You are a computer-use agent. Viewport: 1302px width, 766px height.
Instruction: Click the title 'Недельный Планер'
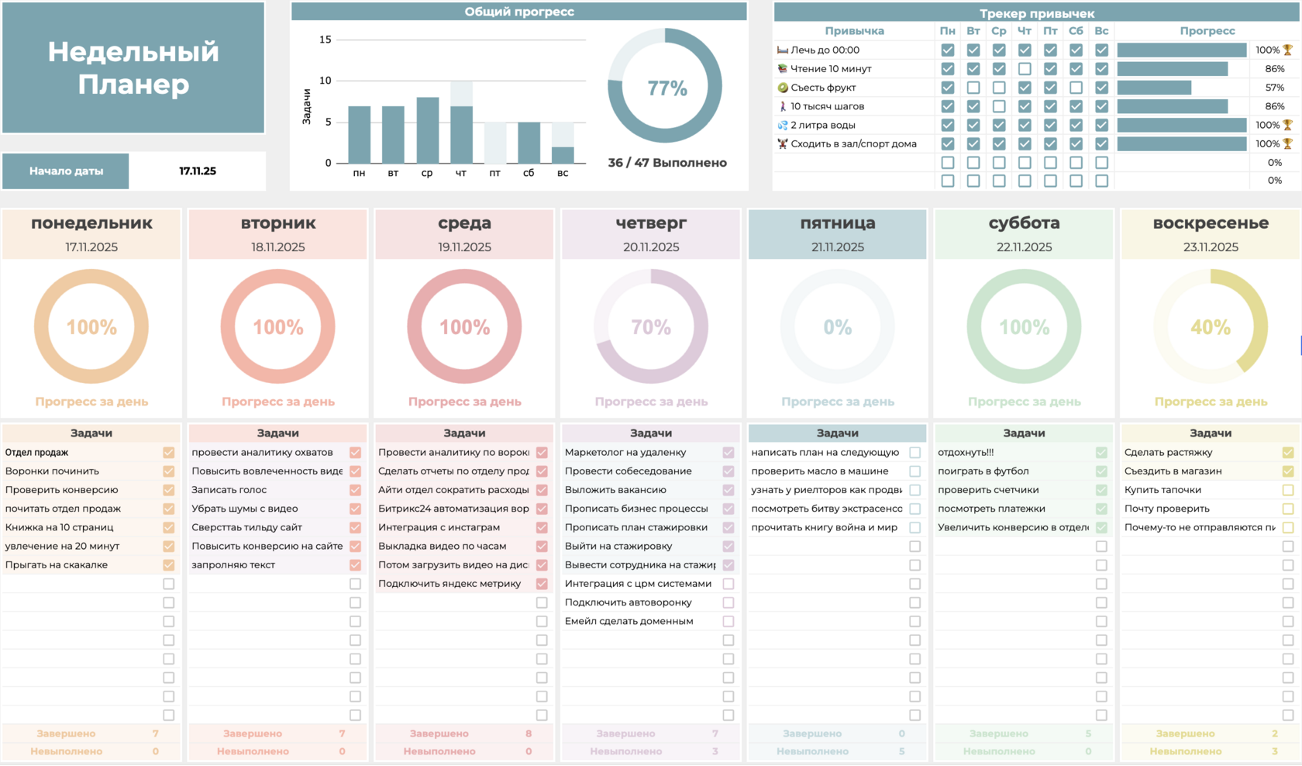tap(133, 68)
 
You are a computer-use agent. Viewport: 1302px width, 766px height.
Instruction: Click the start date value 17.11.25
tap(198, 171)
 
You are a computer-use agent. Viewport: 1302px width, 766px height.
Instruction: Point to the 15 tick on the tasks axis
tap(325, 40)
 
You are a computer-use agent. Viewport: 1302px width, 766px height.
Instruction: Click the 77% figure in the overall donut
tap(666, 88)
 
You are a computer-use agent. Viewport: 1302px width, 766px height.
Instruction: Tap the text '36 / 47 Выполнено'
tap(667, 163)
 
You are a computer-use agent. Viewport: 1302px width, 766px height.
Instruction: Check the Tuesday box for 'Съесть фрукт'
tap(973, 88)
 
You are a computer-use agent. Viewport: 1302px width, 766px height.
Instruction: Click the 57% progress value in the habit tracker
tap(1274, 88)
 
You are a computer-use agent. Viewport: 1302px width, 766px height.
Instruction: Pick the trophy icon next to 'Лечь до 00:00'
tap(1288, 50)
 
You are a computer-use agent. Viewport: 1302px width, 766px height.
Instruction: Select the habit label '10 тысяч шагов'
tap(827, 106)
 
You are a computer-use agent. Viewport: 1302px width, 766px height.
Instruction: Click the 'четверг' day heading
tap(651, 223)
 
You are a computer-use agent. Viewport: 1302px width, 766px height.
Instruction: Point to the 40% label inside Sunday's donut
tap(1211, 327)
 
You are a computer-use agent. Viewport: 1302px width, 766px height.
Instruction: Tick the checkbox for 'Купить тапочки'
tap(1288, 490)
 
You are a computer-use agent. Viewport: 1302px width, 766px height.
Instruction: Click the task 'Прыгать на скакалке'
tap(57, 565)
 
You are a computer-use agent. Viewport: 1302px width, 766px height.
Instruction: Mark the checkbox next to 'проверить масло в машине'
tap(915, 471)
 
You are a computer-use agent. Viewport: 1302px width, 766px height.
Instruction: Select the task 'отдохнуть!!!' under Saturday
tap(966, 453)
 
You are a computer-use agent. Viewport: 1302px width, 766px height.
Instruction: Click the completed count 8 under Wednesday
tap(529, 733)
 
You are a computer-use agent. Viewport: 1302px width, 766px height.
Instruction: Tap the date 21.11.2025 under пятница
tap(838, 247)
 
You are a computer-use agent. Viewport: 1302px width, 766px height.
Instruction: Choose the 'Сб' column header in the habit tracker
tap(1076, 31)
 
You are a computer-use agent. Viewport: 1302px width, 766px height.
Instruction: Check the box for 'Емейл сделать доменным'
tap(728, 621)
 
